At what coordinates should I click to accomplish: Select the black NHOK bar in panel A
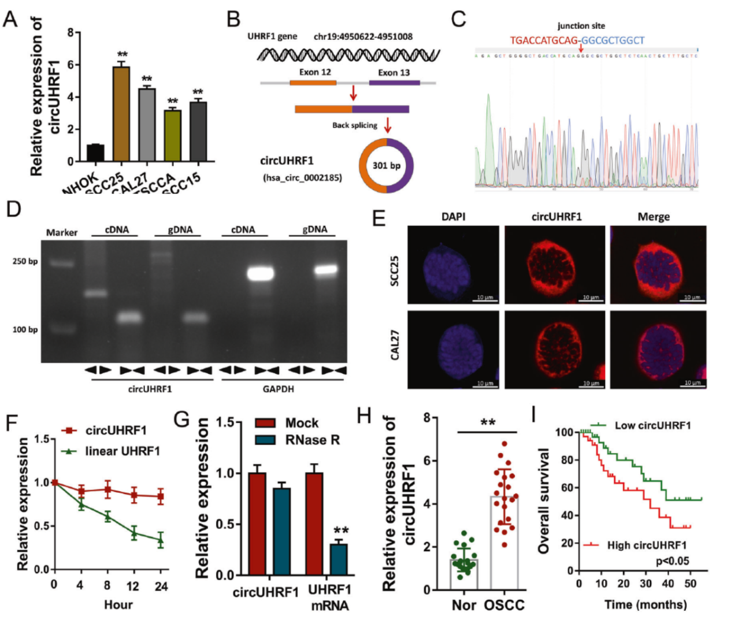(95, 153)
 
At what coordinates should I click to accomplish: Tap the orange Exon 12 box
(313, 83)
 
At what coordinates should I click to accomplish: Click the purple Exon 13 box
(394, 83)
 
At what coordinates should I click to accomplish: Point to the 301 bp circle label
(386, 165)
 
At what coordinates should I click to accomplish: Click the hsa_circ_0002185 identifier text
(302, 177)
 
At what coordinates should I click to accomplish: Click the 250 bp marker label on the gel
(25, 261)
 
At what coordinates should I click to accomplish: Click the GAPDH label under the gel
(278, 389)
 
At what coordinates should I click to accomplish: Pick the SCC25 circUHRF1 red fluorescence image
(554, 265)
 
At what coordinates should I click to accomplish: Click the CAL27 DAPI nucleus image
(452, 349)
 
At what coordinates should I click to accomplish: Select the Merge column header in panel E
(654, 217)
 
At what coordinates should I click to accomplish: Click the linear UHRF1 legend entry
(122, 451)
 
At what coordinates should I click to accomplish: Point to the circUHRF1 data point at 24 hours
(161, 496)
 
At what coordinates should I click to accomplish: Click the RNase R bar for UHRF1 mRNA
(339, 559)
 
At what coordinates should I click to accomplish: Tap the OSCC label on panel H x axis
(504, 605)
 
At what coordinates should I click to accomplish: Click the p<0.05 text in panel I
(672, 561)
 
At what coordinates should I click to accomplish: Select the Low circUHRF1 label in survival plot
(652, 426)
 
